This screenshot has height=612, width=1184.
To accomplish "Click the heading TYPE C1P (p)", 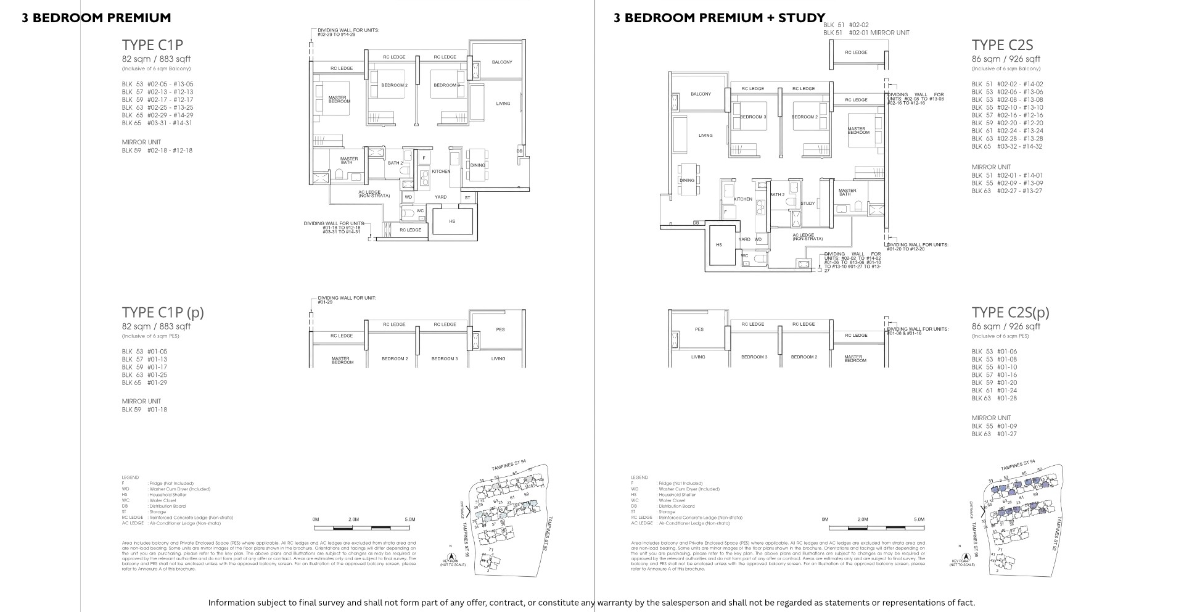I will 163,312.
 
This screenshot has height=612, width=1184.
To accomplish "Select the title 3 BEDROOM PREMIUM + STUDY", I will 719,18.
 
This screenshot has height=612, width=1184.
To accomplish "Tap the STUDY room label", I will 808,204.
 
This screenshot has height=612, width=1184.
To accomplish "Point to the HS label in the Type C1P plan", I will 452,221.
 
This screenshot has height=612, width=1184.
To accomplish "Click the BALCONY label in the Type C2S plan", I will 701,94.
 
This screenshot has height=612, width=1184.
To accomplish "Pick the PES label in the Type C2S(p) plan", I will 699,329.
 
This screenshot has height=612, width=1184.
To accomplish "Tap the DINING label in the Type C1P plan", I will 478,165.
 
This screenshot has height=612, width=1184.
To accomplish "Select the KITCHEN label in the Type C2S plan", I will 743,199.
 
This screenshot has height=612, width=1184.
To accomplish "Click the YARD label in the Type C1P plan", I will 440,197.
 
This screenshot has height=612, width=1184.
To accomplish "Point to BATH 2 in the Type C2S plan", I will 776,195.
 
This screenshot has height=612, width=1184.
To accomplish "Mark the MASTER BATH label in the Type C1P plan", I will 349,160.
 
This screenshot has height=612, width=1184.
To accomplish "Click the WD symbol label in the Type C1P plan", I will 408,197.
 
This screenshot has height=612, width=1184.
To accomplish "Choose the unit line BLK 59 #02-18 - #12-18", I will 157,151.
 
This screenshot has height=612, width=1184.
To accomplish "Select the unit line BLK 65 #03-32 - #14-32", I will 1007,147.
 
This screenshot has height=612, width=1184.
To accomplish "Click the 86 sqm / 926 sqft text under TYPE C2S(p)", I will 1006,326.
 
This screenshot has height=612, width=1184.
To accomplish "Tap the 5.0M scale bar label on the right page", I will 919,519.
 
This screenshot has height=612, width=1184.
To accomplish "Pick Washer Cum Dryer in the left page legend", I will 179,489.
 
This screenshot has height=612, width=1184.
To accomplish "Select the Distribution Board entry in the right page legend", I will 676,507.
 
